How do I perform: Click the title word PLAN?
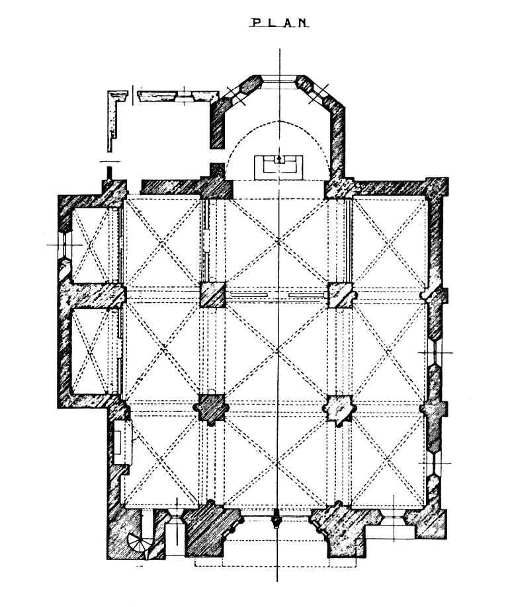click(278, 23)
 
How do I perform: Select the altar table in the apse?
click(278, 167)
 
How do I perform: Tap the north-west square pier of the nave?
click(212, 295)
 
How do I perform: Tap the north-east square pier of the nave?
click(341, 295)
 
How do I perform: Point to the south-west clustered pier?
click(211, 409)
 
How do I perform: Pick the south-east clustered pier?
click(339, 409)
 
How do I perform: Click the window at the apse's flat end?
click(279, 80)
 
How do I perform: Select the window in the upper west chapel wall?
click(65, 245)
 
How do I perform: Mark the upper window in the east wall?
click(435, 352)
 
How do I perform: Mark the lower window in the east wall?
click(435, 464)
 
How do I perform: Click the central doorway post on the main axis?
click(276, 519)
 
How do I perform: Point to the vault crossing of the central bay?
click(278, 350)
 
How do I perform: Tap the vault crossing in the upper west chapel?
click(90, 245)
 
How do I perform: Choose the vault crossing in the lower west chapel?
click(90, 350)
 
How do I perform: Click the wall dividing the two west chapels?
click(93, 296)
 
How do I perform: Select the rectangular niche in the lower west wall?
click(123, 442)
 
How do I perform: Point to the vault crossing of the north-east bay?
click(388, 243)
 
